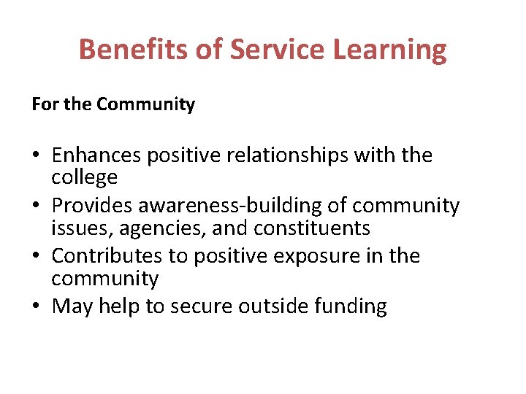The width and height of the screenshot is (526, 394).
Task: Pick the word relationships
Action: coord(291,155)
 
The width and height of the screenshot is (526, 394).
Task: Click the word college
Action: coord(84,177)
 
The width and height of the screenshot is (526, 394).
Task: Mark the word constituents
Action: coord(312,228)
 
